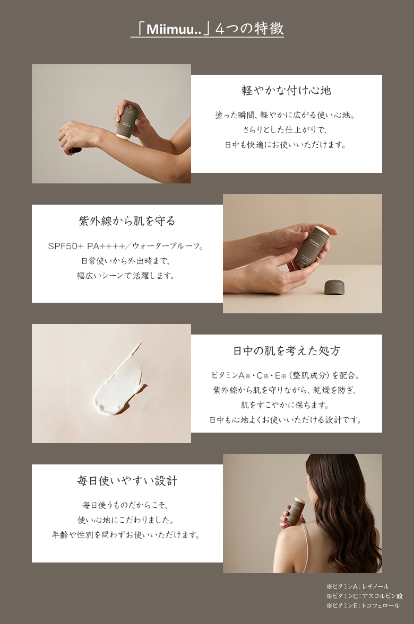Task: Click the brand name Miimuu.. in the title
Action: pos(174,29)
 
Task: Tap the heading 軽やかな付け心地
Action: pos(286,90)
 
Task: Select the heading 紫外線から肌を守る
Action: pos(127,221)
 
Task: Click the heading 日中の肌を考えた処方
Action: pos(287,350)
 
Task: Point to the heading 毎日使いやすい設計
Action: pos(127,481)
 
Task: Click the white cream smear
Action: pos(119,382)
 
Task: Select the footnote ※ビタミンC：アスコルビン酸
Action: pos(364,596)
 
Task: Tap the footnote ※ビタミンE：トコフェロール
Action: pos(363,605)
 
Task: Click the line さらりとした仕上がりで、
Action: pos(286,130)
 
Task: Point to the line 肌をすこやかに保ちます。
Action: pos(286,405)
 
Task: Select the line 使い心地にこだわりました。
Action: pos(127,520)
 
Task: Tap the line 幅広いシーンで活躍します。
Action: pos(127,275)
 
